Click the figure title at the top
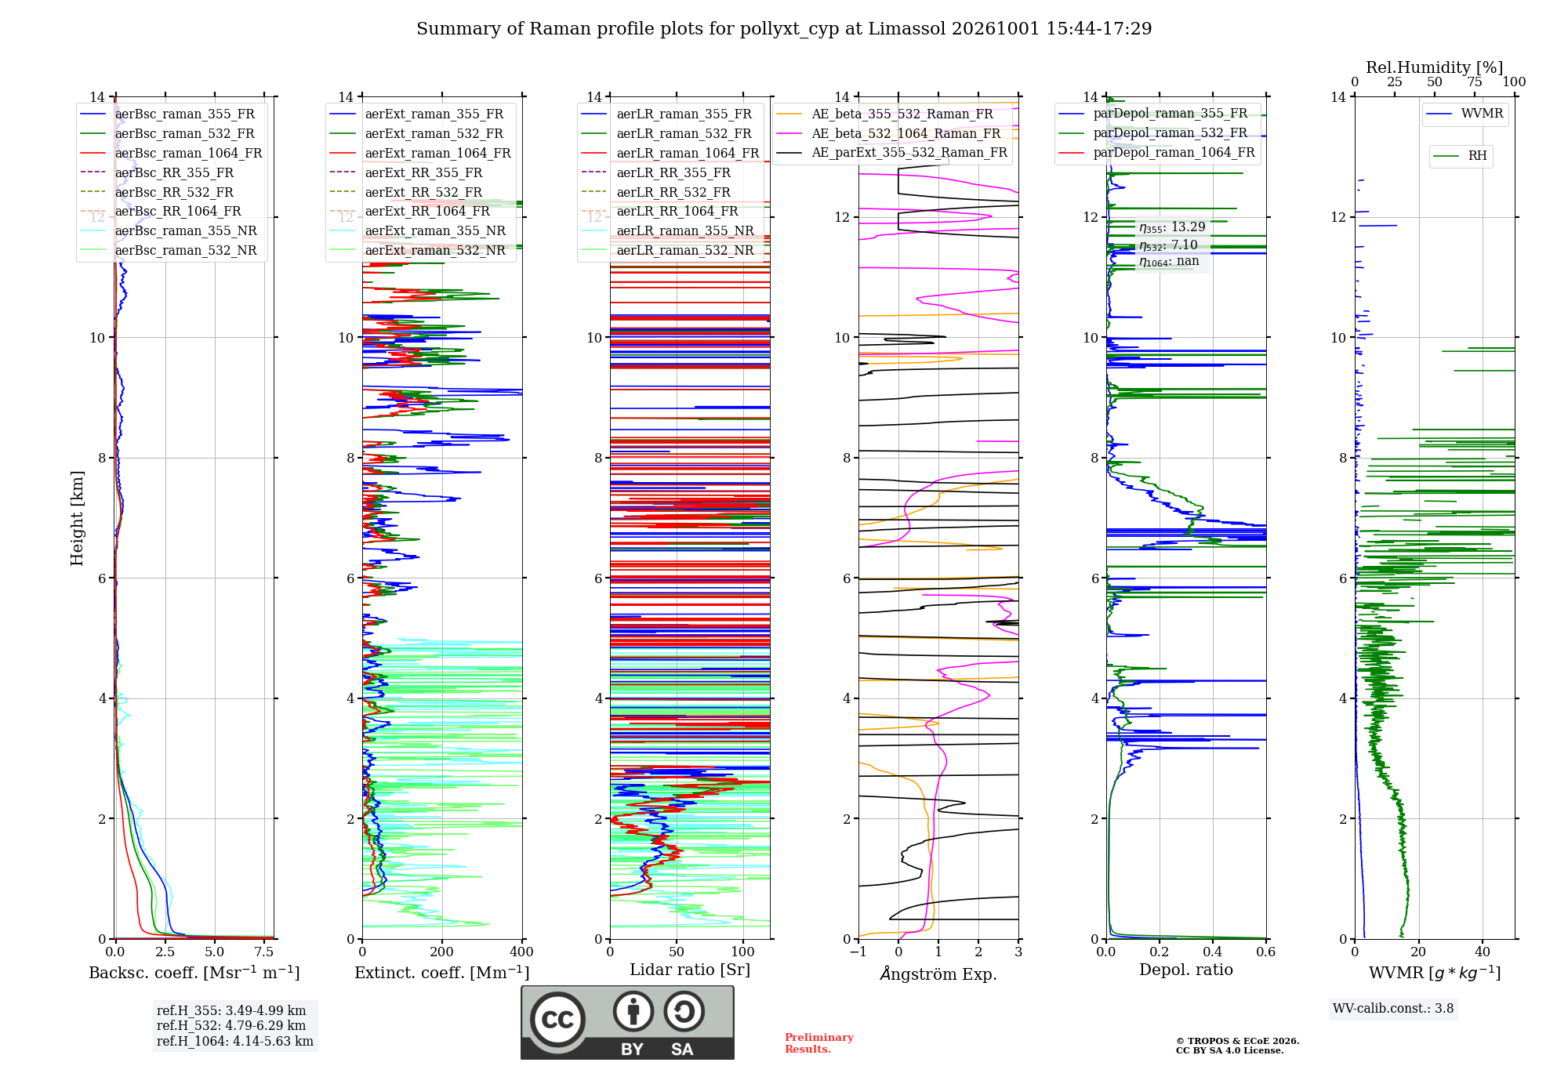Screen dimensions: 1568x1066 click(784, 29)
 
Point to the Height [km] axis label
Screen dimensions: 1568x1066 click(77, 517)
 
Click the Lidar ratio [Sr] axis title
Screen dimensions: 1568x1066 click(690, 970)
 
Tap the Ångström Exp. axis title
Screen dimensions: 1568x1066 click(938, 974)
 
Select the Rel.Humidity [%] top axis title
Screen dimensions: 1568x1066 click(1435, 67)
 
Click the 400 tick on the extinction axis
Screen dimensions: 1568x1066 click(522, 952)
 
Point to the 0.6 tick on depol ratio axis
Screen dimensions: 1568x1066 click(1266, 952)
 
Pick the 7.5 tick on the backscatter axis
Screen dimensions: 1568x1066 click(264, 952)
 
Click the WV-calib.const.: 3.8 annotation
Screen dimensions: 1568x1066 click(1393, 1008)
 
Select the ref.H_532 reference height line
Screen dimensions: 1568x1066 click(231, 1025)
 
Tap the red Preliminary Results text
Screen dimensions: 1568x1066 click(819, 1043)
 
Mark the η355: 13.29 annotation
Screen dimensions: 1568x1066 click(1172, 227)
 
